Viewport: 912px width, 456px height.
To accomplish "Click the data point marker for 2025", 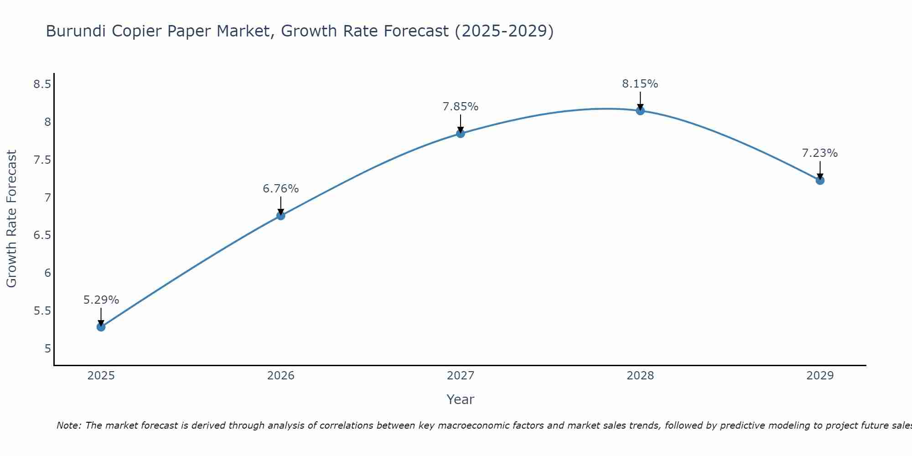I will pyautogui.click(x=101, y=327).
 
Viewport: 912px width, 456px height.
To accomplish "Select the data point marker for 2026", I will pyautogui.click(x=281, y=216).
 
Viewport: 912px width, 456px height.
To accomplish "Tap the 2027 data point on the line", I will pyautogui.click(x=461, y=134).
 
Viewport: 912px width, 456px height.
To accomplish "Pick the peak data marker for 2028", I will pyautogui.click(x=640, y=111).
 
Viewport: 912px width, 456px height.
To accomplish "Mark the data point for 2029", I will pyautogui.click(x=820, y=181).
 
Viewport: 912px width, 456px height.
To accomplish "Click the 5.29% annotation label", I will pyautogui.click(x=101, y=300).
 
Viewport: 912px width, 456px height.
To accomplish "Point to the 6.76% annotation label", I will pyautogui.click(x=281, y=189).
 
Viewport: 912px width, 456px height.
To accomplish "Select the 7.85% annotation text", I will pyautogui.click(x=461, y=107).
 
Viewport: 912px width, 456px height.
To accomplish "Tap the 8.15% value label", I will pyautogui.click(x=640, y=84).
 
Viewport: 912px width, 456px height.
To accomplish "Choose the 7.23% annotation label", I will pyautogui.click(x=820, y=153).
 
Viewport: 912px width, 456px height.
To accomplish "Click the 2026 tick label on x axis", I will pyautogui.click(x=281, y=376).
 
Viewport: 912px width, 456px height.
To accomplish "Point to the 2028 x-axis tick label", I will pyautogui.click(x=640, y=376).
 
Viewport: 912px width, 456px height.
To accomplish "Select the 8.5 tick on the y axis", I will pyautogui.click(x=42, y=84).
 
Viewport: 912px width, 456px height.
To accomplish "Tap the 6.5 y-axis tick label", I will pyautogui.click(x=42, y=235).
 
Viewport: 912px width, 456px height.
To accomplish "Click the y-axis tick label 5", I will pyautogui.click(x=48, y=349).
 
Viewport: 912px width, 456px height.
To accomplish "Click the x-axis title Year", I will pyautogui.click(x=461, y=399).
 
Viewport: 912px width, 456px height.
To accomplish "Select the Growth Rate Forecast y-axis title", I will pyautogui.click(x=11, y=219).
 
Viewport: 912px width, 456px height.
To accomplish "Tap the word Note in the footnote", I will pyautogui.click(x=68, y=425).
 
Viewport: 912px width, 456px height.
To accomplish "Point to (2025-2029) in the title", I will pyautogui.click(x=504, y=31).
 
